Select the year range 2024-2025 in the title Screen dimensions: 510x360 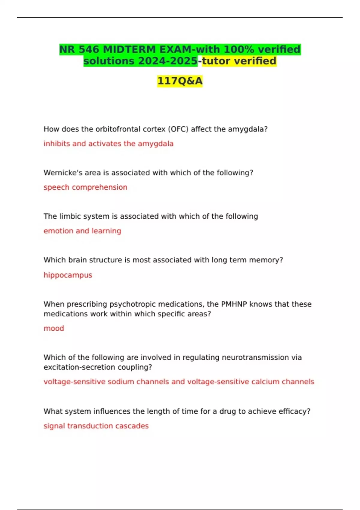coord(168,61)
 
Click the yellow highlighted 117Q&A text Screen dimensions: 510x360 coord(180,81)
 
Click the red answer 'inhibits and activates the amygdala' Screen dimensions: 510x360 coord(108,144)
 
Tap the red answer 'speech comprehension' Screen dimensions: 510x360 coord(85,187)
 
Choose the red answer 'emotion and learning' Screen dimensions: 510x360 coord(82,231)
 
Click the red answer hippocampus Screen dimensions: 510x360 coord(68,275)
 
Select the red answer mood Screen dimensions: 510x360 coord(54,328)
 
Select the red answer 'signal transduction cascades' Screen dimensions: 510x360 coord(96,426)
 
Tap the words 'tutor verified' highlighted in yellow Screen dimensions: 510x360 coord(239,61)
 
